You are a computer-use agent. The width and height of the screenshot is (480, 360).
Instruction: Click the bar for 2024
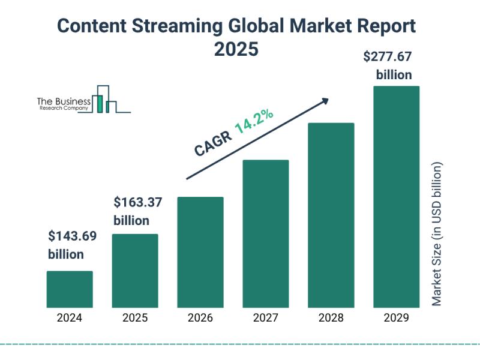click(70, 289)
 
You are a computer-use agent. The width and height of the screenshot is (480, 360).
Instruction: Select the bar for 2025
click(135, 270)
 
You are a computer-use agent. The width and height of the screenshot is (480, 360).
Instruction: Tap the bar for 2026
click(200, 251)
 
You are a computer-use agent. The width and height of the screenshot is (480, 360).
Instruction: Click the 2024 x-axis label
click(70, 318)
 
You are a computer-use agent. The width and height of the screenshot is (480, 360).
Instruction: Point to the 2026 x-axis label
click(200, 318)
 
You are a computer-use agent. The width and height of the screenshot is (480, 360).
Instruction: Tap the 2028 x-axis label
click(331, 318)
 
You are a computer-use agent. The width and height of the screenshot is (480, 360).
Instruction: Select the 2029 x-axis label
click(397, 318)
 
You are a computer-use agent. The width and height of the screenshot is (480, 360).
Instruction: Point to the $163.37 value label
click(137, 203)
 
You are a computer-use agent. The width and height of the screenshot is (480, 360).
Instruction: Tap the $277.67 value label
click(388, 58)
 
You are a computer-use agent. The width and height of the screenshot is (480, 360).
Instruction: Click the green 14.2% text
click(254, 121)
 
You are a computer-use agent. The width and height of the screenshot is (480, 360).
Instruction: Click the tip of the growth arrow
click(328, 99)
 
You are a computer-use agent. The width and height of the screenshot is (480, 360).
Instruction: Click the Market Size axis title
click(437, 234)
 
